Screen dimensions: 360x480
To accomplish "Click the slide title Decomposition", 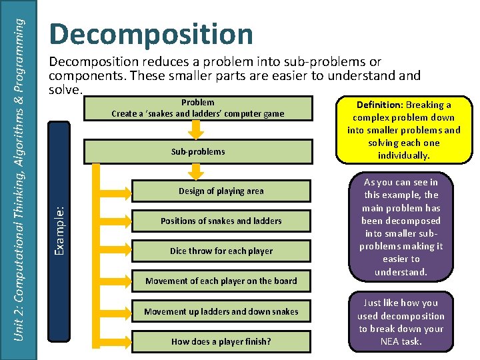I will point(151,35).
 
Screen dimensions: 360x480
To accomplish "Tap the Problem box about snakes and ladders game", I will point(197,108).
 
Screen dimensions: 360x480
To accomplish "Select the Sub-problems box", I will point(197,151).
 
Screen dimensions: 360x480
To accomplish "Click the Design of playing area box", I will point(221,191).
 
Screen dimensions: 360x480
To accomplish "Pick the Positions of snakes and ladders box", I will point(221,221).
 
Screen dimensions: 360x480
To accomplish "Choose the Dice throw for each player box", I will point(221,251).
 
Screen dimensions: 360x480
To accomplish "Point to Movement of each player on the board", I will point(221,281).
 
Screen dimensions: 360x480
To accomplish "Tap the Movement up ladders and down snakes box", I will point(221,311).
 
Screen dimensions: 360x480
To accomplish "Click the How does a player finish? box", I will point(221,341).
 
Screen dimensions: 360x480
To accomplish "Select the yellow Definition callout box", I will point(403,130).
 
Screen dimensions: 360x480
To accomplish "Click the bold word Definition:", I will point(377,105).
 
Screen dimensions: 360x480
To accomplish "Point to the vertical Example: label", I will point(59,221).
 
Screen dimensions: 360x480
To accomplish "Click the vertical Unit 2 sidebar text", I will point(20,180).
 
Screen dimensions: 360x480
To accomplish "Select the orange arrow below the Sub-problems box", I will point(195,171).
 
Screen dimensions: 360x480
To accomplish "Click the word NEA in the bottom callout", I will point(389,342).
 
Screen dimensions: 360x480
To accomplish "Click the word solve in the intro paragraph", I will point(64,89).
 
